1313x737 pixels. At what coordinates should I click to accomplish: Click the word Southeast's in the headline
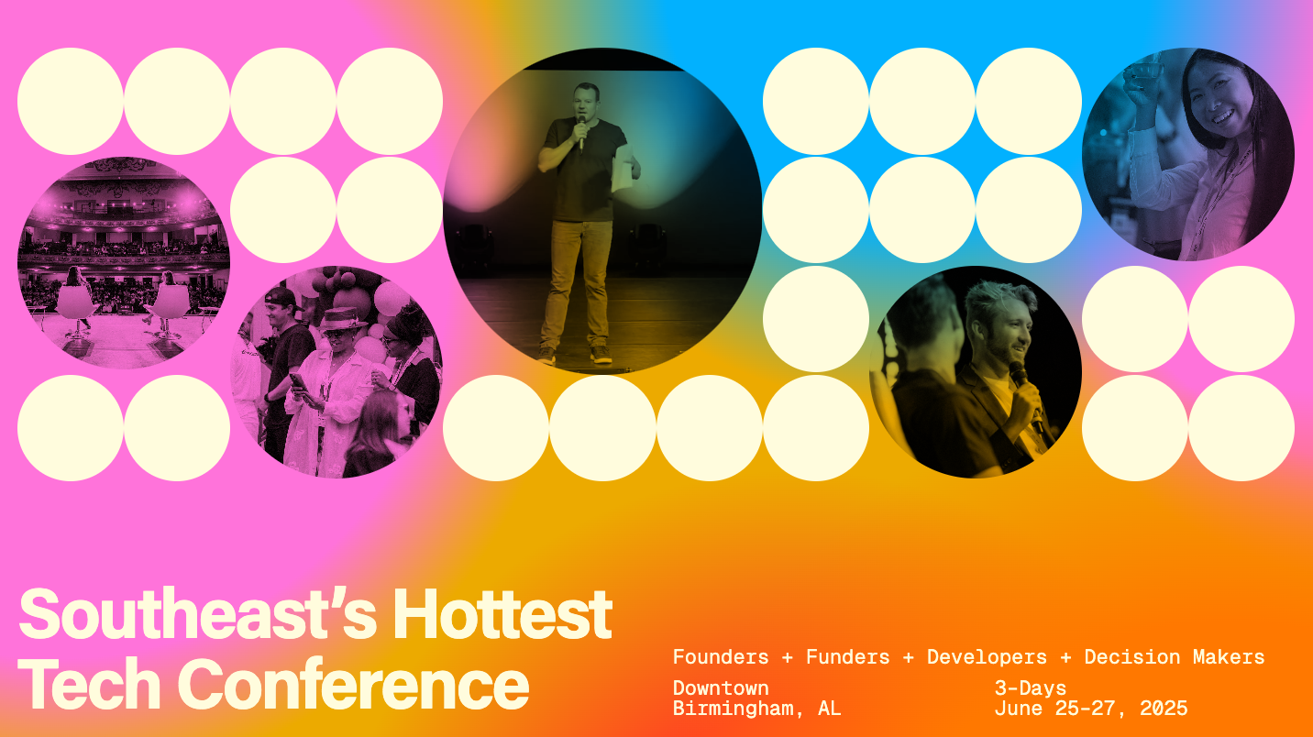pos(196,615)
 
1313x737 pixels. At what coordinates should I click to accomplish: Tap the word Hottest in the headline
pos(502,615)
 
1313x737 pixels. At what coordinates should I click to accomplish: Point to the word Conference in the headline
pos(353,684)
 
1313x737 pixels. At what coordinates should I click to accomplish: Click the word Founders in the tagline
pos(721,657)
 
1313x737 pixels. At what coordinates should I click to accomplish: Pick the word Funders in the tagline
pos(847,657)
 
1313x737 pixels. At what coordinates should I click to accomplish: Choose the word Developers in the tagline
pos(987,657)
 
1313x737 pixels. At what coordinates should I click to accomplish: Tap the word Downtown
pos(721,688)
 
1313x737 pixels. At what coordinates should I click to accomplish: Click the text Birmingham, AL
pos(756,709)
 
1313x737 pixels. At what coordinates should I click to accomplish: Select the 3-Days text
pos(1031,688)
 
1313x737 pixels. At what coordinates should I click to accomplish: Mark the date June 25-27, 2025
pos(1090,709)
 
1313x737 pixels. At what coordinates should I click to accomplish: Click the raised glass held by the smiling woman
pos(1142,77)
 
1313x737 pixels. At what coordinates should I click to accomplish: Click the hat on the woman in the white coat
pos(342,321)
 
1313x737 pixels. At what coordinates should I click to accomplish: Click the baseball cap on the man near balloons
pos(280,299)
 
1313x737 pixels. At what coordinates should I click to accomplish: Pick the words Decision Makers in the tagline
pos(1174,657)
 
